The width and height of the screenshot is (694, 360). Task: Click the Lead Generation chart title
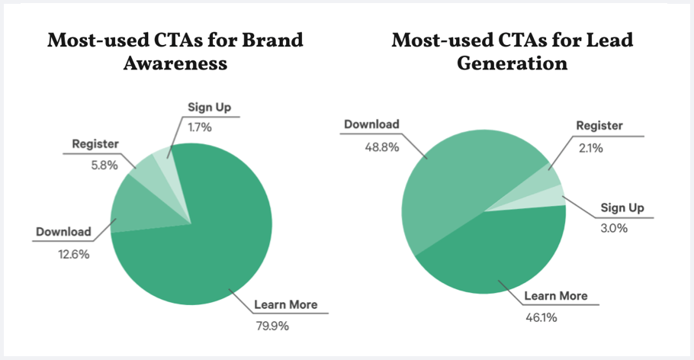(x=512, y=51)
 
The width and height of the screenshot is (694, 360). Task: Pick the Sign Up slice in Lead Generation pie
(x=549, y=199)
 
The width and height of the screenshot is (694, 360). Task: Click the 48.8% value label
(x=361, y=146)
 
